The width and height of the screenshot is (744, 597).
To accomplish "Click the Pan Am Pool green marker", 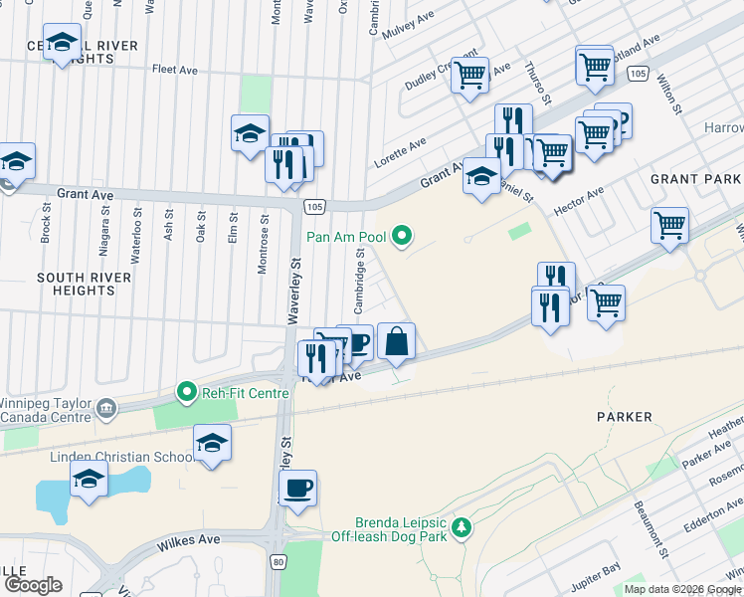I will tap(402, 236).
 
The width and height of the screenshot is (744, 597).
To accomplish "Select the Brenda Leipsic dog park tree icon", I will tap(460, 526).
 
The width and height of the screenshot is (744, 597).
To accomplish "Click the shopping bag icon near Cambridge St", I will tap(396, 341).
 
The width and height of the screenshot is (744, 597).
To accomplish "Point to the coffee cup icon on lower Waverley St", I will tap(297, 489).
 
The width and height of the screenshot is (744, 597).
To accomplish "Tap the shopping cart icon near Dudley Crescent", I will tap(469, 74).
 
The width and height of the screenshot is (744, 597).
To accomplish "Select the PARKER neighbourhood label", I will tap(625, 417).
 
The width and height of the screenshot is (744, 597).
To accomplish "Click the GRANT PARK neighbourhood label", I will tap(695, 178).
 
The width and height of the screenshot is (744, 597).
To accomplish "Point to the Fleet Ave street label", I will tap(176, 70).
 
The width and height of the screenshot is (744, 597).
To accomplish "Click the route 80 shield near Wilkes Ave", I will tap(278, 562).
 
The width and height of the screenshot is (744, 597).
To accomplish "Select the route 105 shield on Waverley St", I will tap(313, 205).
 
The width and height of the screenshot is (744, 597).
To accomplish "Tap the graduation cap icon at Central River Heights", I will tap(62, 42).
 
